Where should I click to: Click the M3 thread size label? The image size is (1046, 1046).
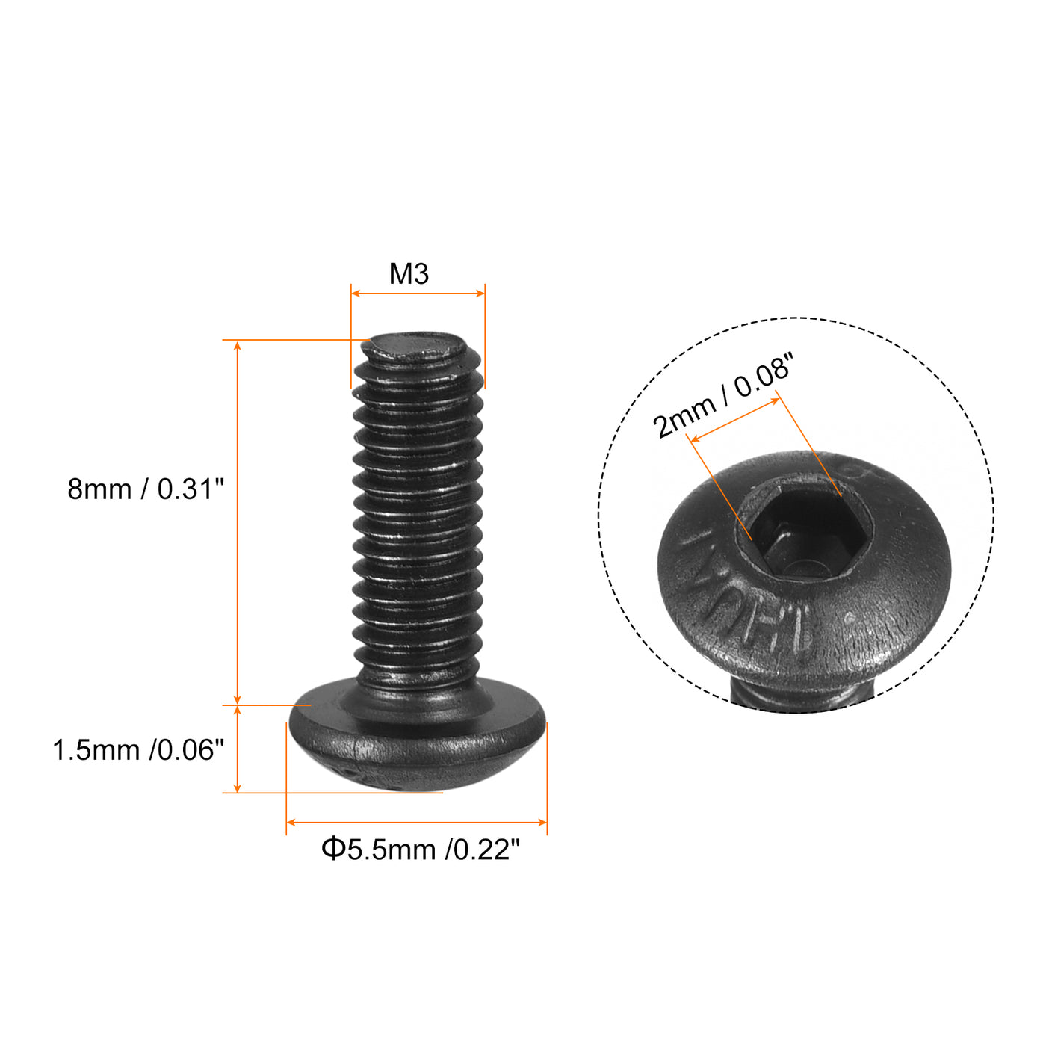[409, 274]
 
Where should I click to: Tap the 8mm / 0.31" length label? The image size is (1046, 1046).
[146, 489]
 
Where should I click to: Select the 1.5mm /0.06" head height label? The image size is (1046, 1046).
[138, 750]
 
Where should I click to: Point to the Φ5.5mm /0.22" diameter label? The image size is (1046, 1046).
[420, 850]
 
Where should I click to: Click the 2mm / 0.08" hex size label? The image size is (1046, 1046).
[721, 399]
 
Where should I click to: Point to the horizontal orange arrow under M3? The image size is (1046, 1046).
[418, 294]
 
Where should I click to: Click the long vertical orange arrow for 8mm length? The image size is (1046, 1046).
[238, 523]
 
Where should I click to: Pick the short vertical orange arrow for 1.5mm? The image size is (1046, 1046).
[238, 749]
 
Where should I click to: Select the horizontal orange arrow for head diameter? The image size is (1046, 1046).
[417, 822]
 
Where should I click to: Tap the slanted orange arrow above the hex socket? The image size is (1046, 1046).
[734, 420]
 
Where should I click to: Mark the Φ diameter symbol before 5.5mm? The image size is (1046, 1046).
[332, 850]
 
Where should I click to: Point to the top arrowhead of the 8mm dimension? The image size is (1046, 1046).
[238, 346]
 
